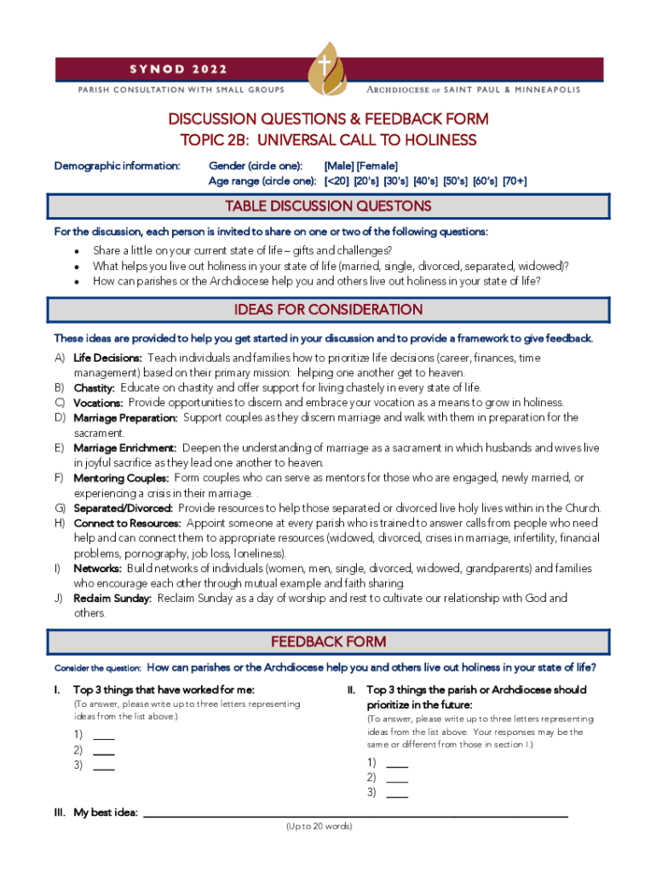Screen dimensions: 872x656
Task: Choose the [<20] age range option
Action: pos(337,181)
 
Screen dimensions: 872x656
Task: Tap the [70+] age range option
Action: pos(515,181)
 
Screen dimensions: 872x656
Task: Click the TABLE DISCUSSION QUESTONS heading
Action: pos(328,207)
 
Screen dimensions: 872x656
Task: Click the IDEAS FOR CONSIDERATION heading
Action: pos(328,310)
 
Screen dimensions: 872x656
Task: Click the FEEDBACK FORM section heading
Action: pos(328,642)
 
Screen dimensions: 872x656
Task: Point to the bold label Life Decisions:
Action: pos(107,359)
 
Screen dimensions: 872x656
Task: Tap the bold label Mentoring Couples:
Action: pos(121,479)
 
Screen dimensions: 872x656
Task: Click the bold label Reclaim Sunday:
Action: pos(112,599)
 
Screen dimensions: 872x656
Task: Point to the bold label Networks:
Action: pos(97,569)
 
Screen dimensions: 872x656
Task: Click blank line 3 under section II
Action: pos(397,795)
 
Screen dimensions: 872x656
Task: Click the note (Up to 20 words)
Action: pos(319,827)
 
